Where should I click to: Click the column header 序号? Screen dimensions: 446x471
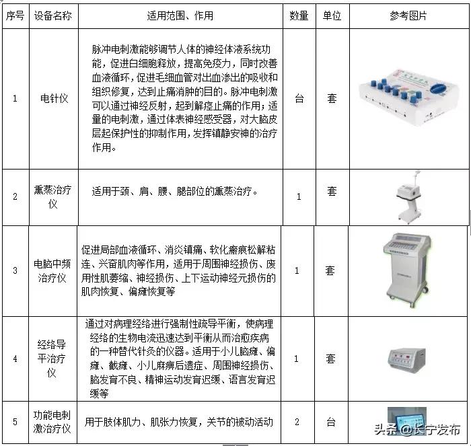click(x=14, y=15)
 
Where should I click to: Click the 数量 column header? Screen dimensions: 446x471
click(x=299, y=15)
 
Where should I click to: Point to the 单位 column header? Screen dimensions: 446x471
click(x=332, y=15)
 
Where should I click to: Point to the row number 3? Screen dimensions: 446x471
click(x=15, y=271)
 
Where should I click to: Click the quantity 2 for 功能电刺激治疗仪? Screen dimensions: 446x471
click(x=297, y=422)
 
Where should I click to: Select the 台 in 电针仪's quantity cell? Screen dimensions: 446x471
click(x=299, y=99)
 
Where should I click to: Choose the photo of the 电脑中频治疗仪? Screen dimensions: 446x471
click(x=404, y=269)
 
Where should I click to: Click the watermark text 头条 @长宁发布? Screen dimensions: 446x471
click(x=417, y=429)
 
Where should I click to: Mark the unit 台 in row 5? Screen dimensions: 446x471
click(x=331, y=422)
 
